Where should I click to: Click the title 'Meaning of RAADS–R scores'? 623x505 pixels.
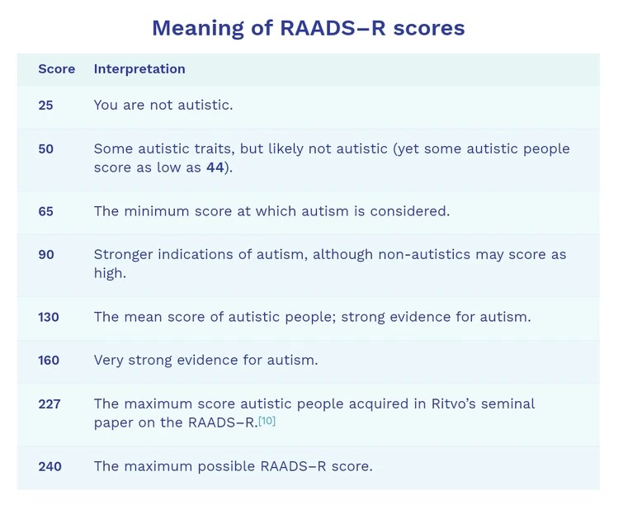coord(308,28)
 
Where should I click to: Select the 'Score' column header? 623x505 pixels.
coord(56,69)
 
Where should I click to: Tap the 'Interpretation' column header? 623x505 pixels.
coord(139,69)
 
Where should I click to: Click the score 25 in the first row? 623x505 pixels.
coord(46,105)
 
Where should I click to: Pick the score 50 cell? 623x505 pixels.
coord(46,149)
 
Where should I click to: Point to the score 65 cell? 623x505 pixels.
coord(46,211)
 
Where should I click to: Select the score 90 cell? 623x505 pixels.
coord(46,255)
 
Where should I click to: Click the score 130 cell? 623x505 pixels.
coord(49,317)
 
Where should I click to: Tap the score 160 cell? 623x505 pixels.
coord(49,361)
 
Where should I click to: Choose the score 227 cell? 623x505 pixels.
coord(49,404)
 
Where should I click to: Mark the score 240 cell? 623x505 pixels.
coord(50,466)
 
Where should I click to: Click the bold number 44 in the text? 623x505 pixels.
coord(215,167)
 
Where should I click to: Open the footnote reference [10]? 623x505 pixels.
coord(267,421)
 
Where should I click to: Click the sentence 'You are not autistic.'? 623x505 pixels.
coord(163,105)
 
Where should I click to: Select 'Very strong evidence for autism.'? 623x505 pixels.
coord(205,361)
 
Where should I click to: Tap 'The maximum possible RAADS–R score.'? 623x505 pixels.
coord(233,466)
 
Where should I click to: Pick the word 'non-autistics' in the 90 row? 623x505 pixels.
coord(424,255)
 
